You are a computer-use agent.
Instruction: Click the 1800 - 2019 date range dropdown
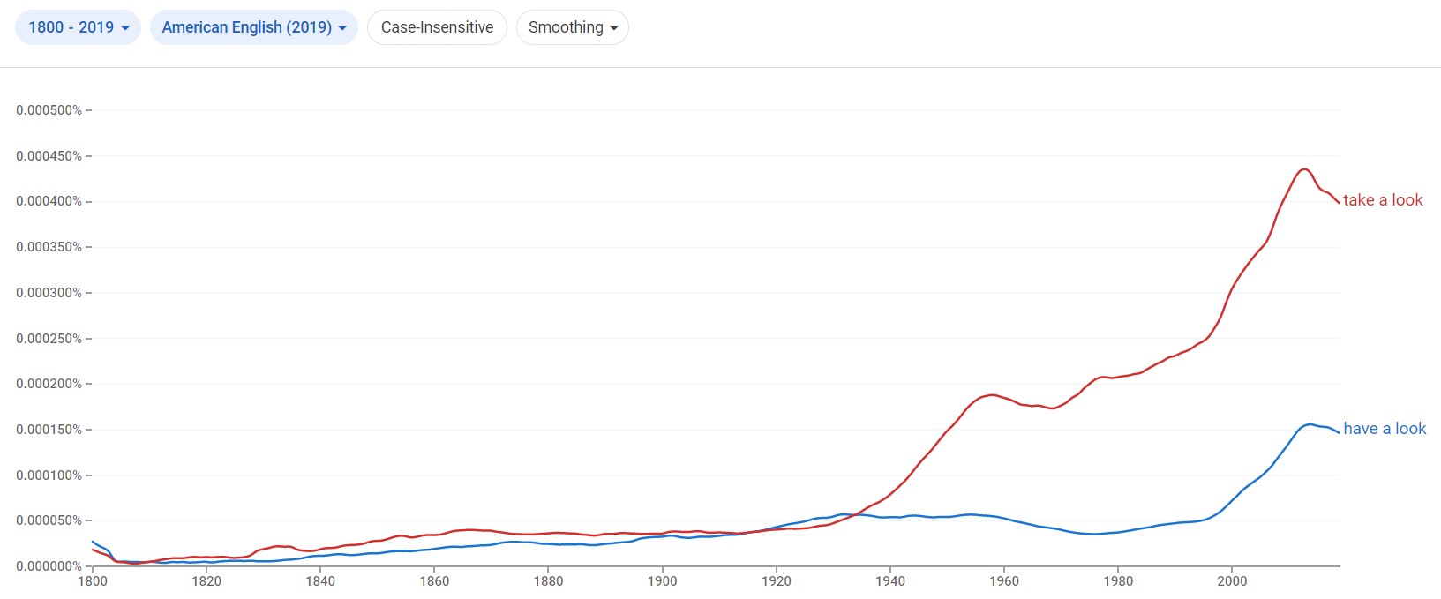pos(78,27)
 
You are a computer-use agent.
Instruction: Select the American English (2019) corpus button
pos(253,27)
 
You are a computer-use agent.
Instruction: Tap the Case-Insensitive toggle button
pos(437,27)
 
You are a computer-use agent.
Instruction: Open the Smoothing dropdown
pos(572,27)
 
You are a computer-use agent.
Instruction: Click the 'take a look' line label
pos(1383,200)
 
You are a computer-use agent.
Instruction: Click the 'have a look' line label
pos(1385,429)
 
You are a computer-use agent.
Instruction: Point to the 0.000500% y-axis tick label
pos(49,110)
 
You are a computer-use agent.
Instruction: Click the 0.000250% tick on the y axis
pos(49,339)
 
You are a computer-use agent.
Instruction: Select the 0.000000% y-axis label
pos(49,566)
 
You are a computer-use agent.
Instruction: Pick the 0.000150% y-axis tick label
pos(49,430)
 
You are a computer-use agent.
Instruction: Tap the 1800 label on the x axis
pos(93,581)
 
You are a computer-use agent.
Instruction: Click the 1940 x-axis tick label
pos(890,581)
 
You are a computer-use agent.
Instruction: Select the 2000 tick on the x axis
pos(1232,581)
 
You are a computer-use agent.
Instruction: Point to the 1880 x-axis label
pos(548,581)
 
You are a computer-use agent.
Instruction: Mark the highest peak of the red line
pos(1304,168)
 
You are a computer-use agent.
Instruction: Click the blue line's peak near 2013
pos(1310,424)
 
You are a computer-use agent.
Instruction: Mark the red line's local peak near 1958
pos(993,394)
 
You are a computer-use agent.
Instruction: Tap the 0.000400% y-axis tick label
pos(49,201)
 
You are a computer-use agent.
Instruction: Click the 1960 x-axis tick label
pos(1004,581)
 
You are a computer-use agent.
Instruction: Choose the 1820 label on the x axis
pos(206,581)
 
